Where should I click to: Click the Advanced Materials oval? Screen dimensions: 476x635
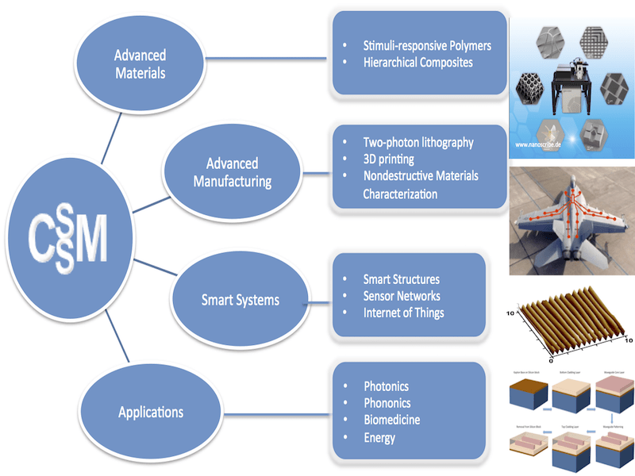click(140, 64)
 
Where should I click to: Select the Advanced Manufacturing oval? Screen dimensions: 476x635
click(233, 172)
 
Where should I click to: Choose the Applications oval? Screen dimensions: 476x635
click(151, 412)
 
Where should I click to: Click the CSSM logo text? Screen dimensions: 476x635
click(67, 232)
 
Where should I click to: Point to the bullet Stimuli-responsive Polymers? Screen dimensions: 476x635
click(427, 45)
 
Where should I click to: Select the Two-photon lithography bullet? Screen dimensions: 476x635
click(418, 143)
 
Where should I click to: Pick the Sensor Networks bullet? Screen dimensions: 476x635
click(402, 296)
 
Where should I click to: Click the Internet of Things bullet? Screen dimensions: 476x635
click(404, 313)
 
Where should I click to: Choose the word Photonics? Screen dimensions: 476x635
click(387, 386)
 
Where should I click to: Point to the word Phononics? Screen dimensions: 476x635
click(387, 403)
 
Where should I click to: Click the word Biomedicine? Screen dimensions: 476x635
click(392, 420)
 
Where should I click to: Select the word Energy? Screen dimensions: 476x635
click(379, 437)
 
